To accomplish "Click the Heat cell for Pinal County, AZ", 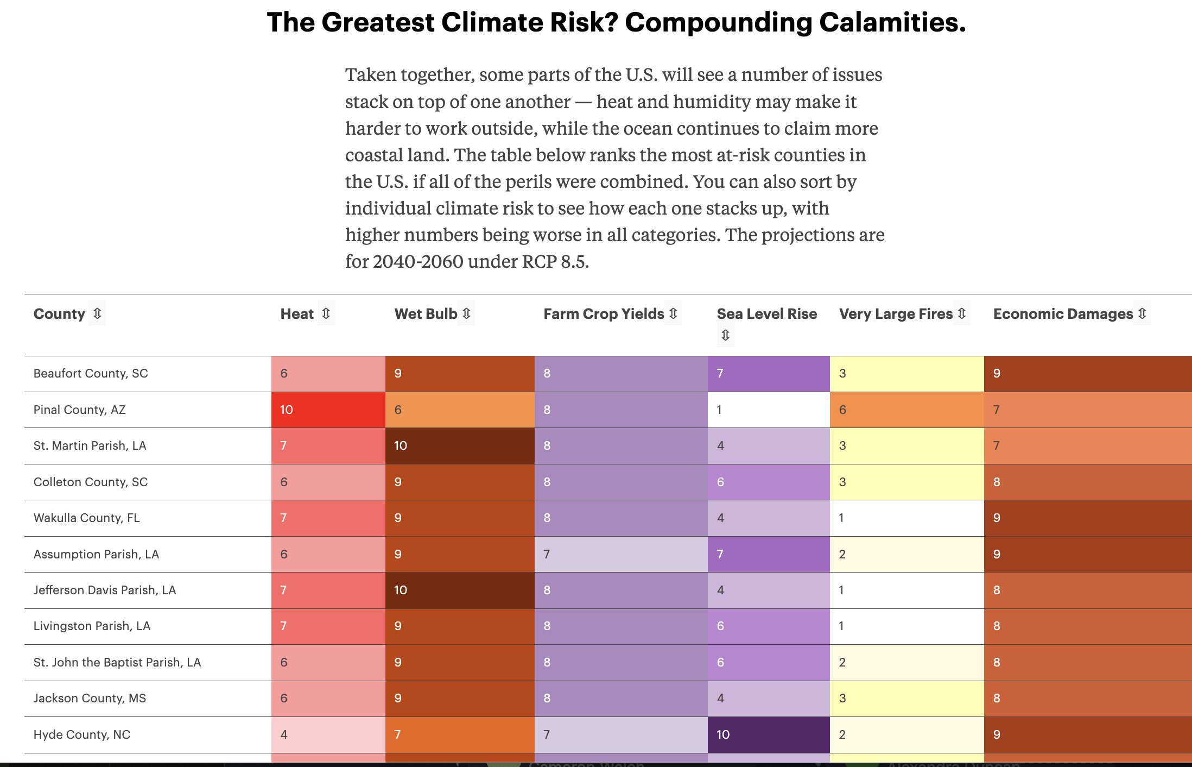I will point(328,410).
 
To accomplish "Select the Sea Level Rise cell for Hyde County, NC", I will point(768,734).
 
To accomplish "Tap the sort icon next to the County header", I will point(97,313).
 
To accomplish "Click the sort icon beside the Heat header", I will point(326,313).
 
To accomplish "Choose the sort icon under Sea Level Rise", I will point(725,335).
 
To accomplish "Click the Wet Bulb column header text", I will point(426,314).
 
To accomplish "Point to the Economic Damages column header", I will point(1063,314).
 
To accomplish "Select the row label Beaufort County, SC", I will point(91,374).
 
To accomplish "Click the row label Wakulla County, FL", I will point(87,518).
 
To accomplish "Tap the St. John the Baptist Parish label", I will point(117,663).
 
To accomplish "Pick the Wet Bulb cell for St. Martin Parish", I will point(459,446).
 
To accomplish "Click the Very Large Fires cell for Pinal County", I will point(906,410).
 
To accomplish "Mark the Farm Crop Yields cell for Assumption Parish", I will point(620,554).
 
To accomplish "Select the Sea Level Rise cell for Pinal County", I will point(768,410).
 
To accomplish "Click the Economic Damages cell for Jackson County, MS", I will point(1087,699).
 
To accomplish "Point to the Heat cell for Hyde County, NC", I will point(328,734).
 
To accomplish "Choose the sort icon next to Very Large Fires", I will point(961,313).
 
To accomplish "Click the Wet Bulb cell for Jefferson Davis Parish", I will point(459,590).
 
